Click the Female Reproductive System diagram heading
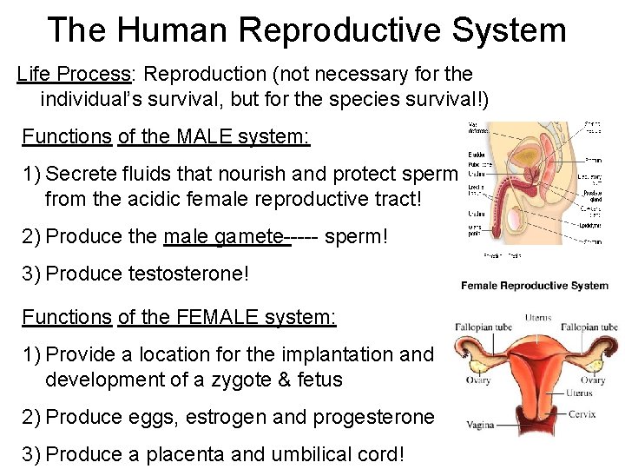point(535,286)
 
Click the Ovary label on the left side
point(477,380)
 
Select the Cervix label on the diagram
point(582,414)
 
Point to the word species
point(358,98)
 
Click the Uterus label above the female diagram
point(538,317)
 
